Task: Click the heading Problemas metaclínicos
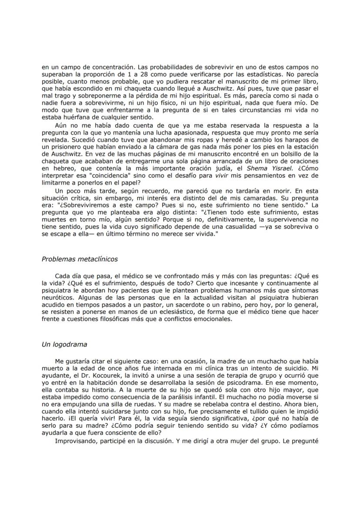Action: tap(80, 259)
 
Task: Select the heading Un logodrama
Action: tap(64, 344)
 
